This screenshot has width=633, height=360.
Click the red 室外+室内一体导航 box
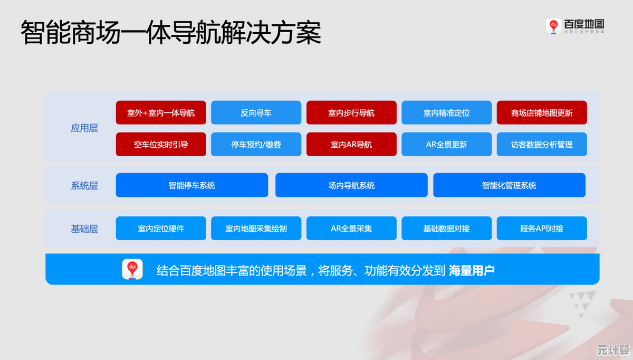pos(161,112)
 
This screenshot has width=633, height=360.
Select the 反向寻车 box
pos(256,112)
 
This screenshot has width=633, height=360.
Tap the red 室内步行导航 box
pos(351,112)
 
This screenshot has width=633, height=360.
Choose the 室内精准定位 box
pos(446,112)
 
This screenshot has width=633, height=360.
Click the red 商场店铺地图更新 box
pos(542,112)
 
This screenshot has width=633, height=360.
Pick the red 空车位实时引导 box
pos(161,144)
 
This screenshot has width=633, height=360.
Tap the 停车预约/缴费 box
pos(256,144)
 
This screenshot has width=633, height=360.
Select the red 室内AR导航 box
pos(351,144)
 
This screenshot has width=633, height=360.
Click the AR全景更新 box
pos(446,144)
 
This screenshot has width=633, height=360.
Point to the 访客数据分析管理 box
pos(542,144)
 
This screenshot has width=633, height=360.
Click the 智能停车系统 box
pos(192,185)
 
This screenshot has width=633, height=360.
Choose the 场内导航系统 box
pos(351,185)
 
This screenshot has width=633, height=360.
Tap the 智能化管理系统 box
pos(509,185)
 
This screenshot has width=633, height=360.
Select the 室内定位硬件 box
pos(161,229)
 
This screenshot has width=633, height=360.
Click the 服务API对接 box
pos(542,229)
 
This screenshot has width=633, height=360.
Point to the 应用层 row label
pos(84,128)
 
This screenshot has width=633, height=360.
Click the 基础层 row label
pos(84,229)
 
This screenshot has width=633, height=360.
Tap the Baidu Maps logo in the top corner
pos(575,26)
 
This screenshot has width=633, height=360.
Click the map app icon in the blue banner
pos(132,269)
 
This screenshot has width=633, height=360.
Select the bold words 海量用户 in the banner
pos(472,271)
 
